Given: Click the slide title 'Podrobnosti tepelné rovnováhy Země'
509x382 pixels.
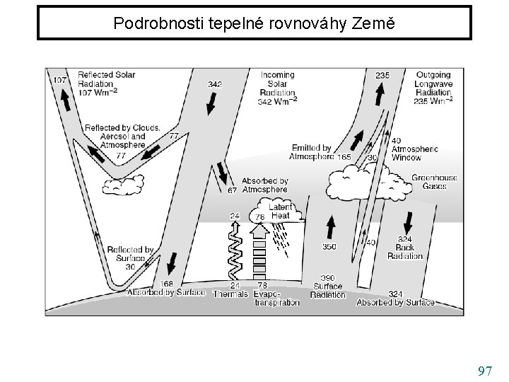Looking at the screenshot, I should coord(254,23).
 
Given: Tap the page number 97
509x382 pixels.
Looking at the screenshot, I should coord(485,371).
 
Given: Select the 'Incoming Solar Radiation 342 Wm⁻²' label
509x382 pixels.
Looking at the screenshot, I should coord(278,88).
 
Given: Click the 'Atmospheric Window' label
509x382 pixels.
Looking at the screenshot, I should coord(414,154).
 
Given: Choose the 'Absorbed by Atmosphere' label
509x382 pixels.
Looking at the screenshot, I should coord(264,185).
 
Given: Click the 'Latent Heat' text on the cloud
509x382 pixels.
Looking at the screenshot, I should coord(281,211).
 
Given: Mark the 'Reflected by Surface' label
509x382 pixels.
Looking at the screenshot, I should coord(130,254).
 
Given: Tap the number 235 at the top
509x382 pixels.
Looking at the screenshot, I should coord(382,76).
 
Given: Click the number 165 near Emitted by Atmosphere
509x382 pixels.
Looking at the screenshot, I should coord(344,156).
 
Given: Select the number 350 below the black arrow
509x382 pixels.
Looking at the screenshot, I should coord(329,247).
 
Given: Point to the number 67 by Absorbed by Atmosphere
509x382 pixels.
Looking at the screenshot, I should coord(232,190).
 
